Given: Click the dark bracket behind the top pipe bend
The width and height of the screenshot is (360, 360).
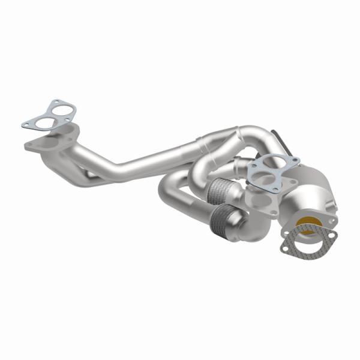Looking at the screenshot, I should pos(277,137).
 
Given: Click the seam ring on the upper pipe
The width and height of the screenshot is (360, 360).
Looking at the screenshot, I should pos(203,145).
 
